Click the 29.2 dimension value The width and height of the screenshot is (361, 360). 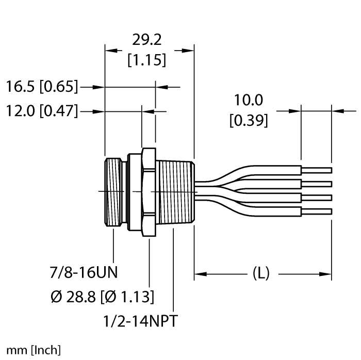pos(147,40)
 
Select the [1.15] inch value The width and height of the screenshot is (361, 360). pos(147,60)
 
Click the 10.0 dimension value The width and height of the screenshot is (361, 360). pos(248,100)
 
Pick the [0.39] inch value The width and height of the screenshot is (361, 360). pos(248,120)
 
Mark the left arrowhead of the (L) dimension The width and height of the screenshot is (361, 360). pos(199,274)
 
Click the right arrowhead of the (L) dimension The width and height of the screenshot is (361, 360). pos(327,274)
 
